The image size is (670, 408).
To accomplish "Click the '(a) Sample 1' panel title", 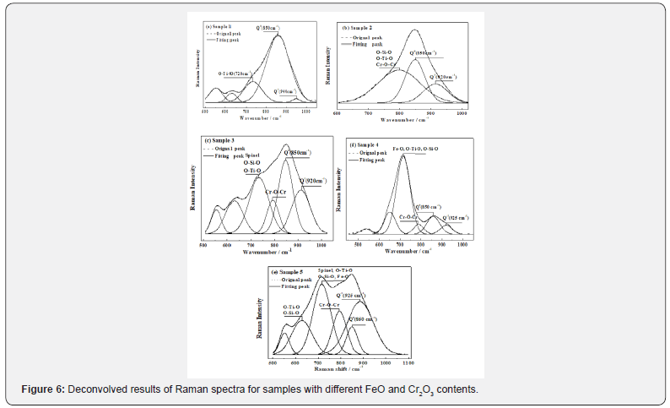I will [219, 27].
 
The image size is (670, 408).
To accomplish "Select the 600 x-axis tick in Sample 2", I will [337, 112].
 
